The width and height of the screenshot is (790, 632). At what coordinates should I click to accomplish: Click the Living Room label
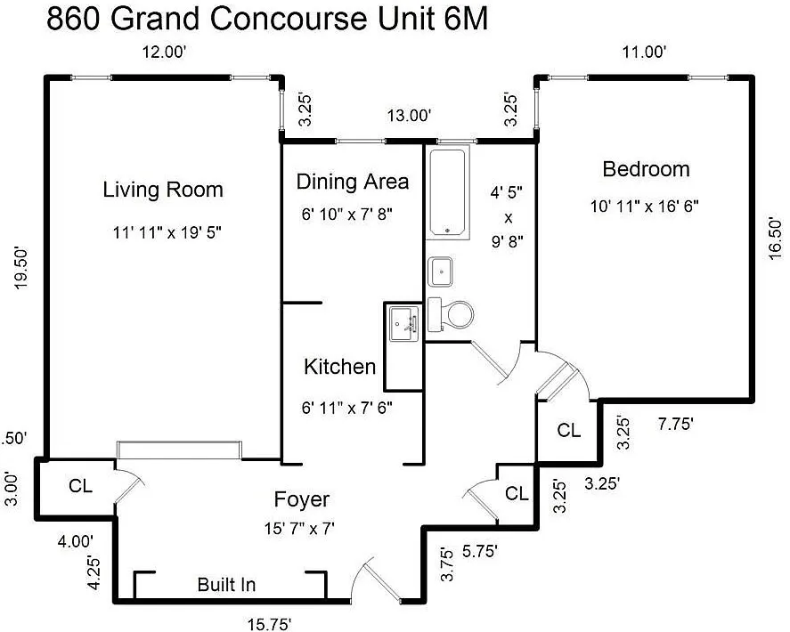click(163, 190)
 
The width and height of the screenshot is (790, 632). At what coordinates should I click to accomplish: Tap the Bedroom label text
click(646, 168)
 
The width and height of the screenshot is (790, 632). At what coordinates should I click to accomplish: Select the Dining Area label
click(353, 182)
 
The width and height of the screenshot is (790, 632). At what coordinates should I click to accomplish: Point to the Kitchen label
click(339, 367)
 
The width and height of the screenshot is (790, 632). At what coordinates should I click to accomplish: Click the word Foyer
click(301, 499)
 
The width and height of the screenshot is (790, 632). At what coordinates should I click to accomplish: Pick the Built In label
click(226, 585)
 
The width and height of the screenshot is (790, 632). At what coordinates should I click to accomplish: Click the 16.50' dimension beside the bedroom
click(775, 237)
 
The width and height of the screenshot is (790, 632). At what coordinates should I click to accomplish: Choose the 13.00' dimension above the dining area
click(409, 115)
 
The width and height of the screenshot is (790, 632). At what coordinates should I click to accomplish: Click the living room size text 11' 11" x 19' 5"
click(167, 233)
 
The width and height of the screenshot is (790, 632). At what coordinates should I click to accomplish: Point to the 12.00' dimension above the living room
click(165, 53)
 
